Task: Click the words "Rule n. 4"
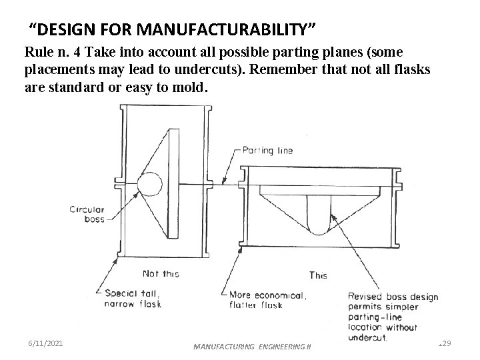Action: [x=49, y=52]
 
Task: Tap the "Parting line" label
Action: [x=267, y=150]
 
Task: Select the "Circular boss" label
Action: [x=87, y=214]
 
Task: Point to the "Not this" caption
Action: [x=160, y=273]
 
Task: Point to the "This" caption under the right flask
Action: [x=319, y=275]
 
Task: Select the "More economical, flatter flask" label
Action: [x=267, y=300]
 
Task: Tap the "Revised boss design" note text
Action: [x=393, y=297]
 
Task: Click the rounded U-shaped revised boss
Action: [x=319, y=217]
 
